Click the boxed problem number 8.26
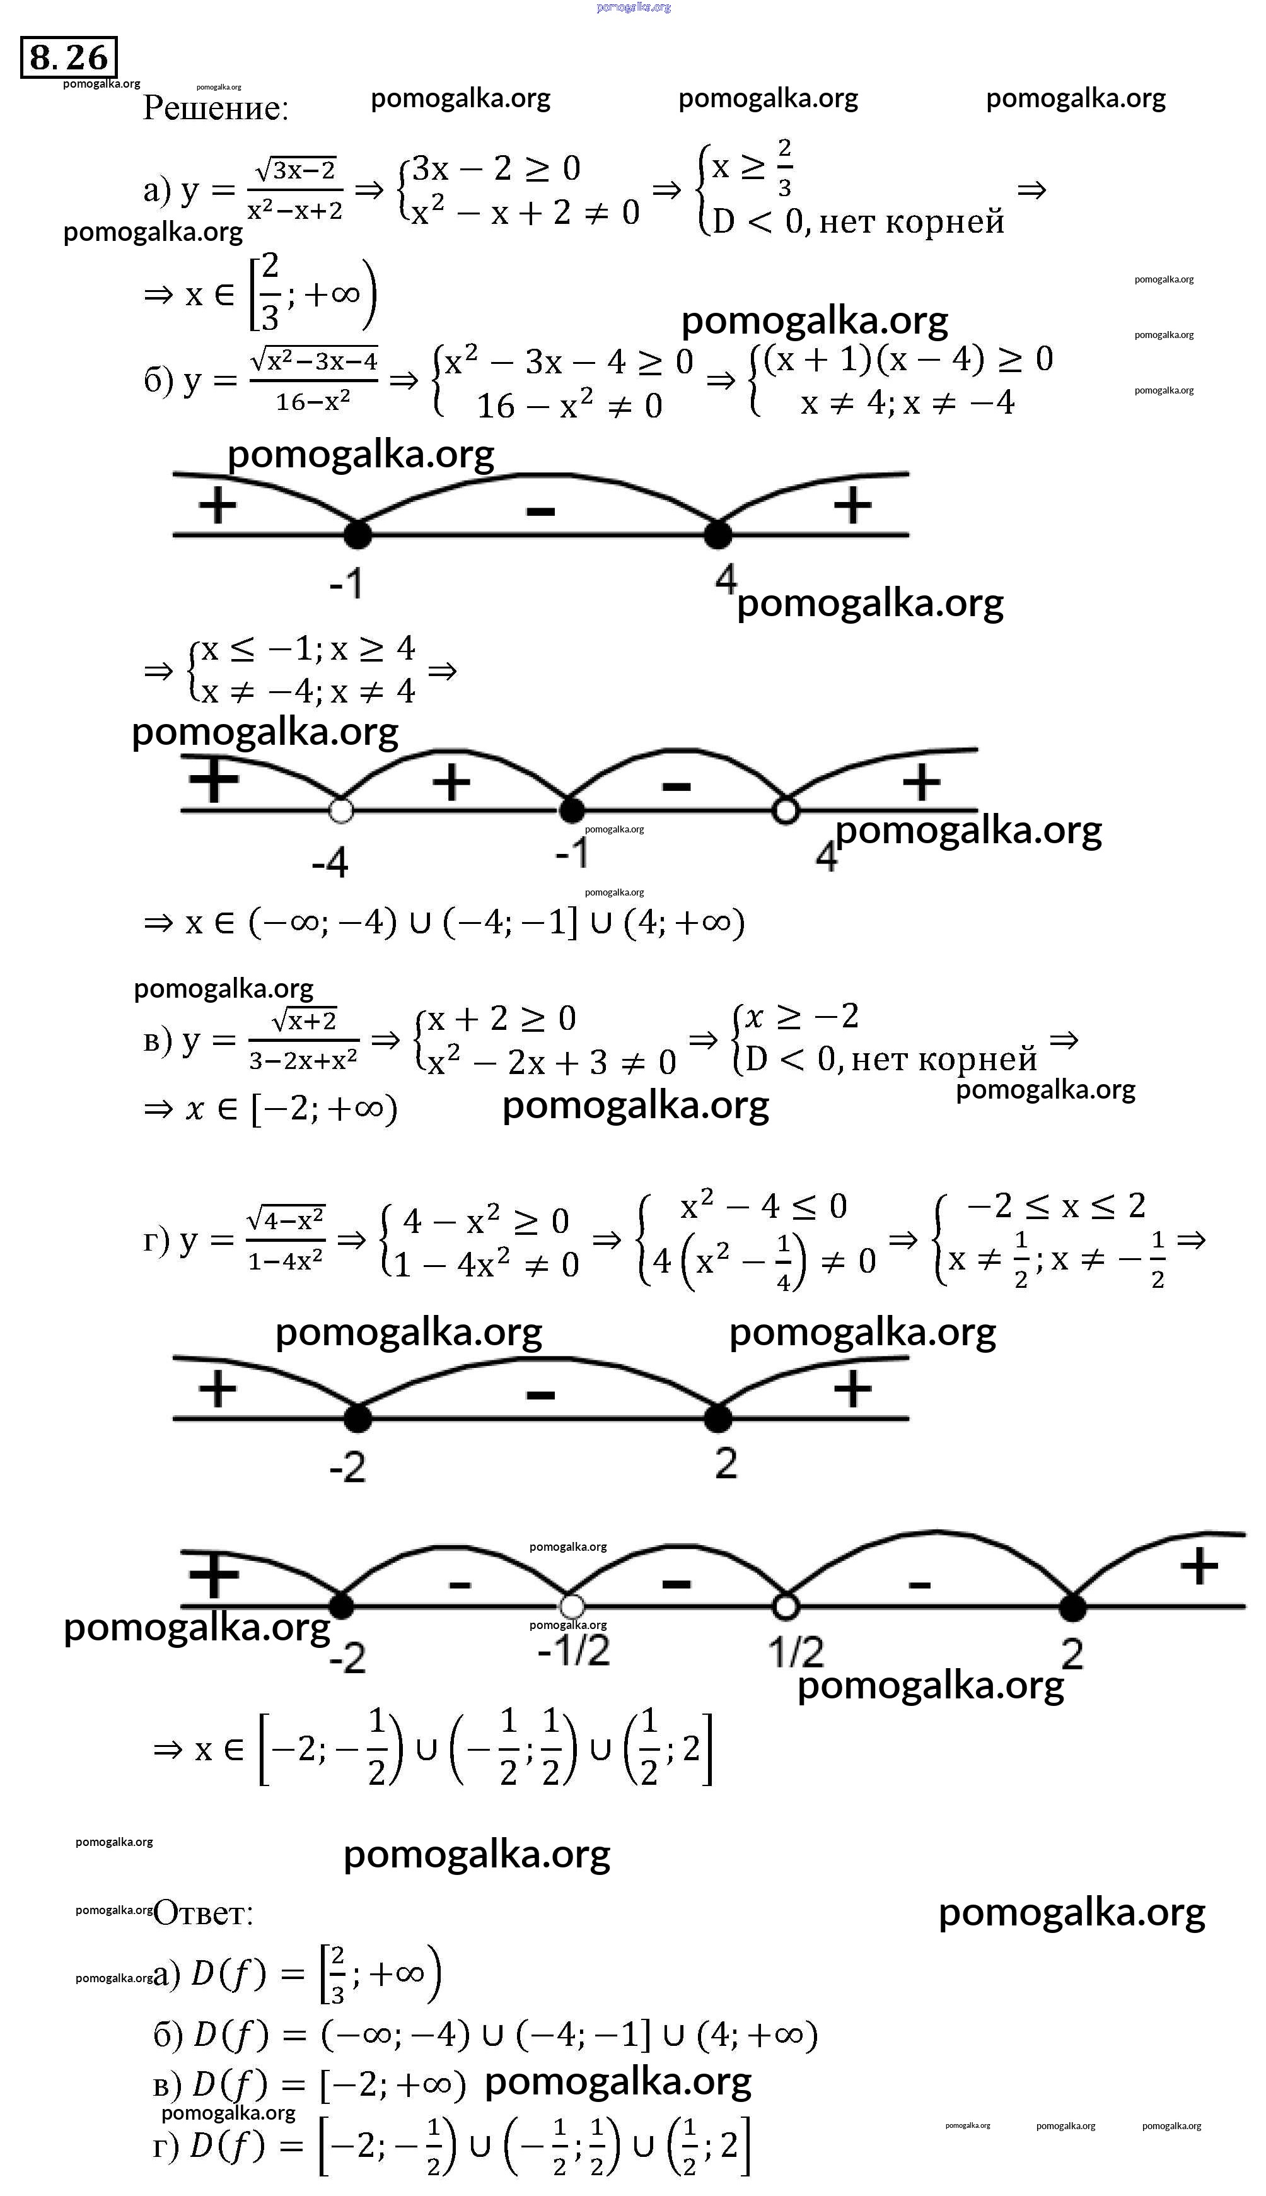pyautogui.click(x=69, y=57)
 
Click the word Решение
pyautogui.click(x=215, y=108)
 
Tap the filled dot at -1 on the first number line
pyautogui.click(x=357, y=534)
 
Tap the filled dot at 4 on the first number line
pyautogui.click(x=717, y=534)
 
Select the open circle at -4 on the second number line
pyautogui.click(x=342, y=810)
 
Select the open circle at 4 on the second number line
pyautogui.click(x=786, y=810)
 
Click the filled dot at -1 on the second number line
pyautogui.click(x=571, y=810)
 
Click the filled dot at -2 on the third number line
pyautogui.click(x=357, y=1418)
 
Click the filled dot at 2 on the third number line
pyautogui.click(x=717, y=1418)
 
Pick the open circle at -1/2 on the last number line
pyautogui.click(x=571, y=1606)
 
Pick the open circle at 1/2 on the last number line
pyautogui.click(x=786, y=1606)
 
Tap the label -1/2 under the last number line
pyautogui.click(x=574, y=1650)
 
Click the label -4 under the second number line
pyautogui.click(x=330, y=863)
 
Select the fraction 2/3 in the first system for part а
pyautogui.click(x=784, y=168)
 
